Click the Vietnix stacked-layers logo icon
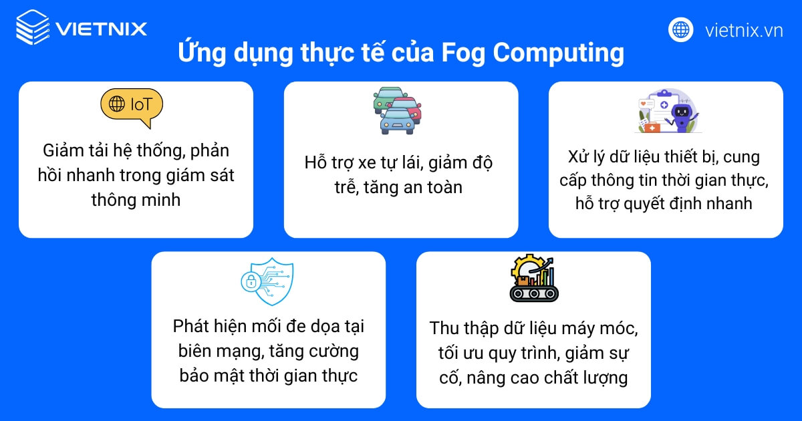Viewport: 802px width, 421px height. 31,28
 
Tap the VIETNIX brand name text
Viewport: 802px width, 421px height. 102,29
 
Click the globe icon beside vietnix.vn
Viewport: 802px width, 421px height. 680,29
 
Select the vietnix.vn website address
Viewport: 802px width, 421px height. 743,30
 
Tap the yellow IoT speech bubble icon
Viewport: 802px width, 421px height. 132,106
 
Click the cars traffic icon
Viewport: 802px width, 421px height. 398,110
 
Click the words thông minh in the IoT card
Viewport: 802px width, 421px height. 136,199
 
